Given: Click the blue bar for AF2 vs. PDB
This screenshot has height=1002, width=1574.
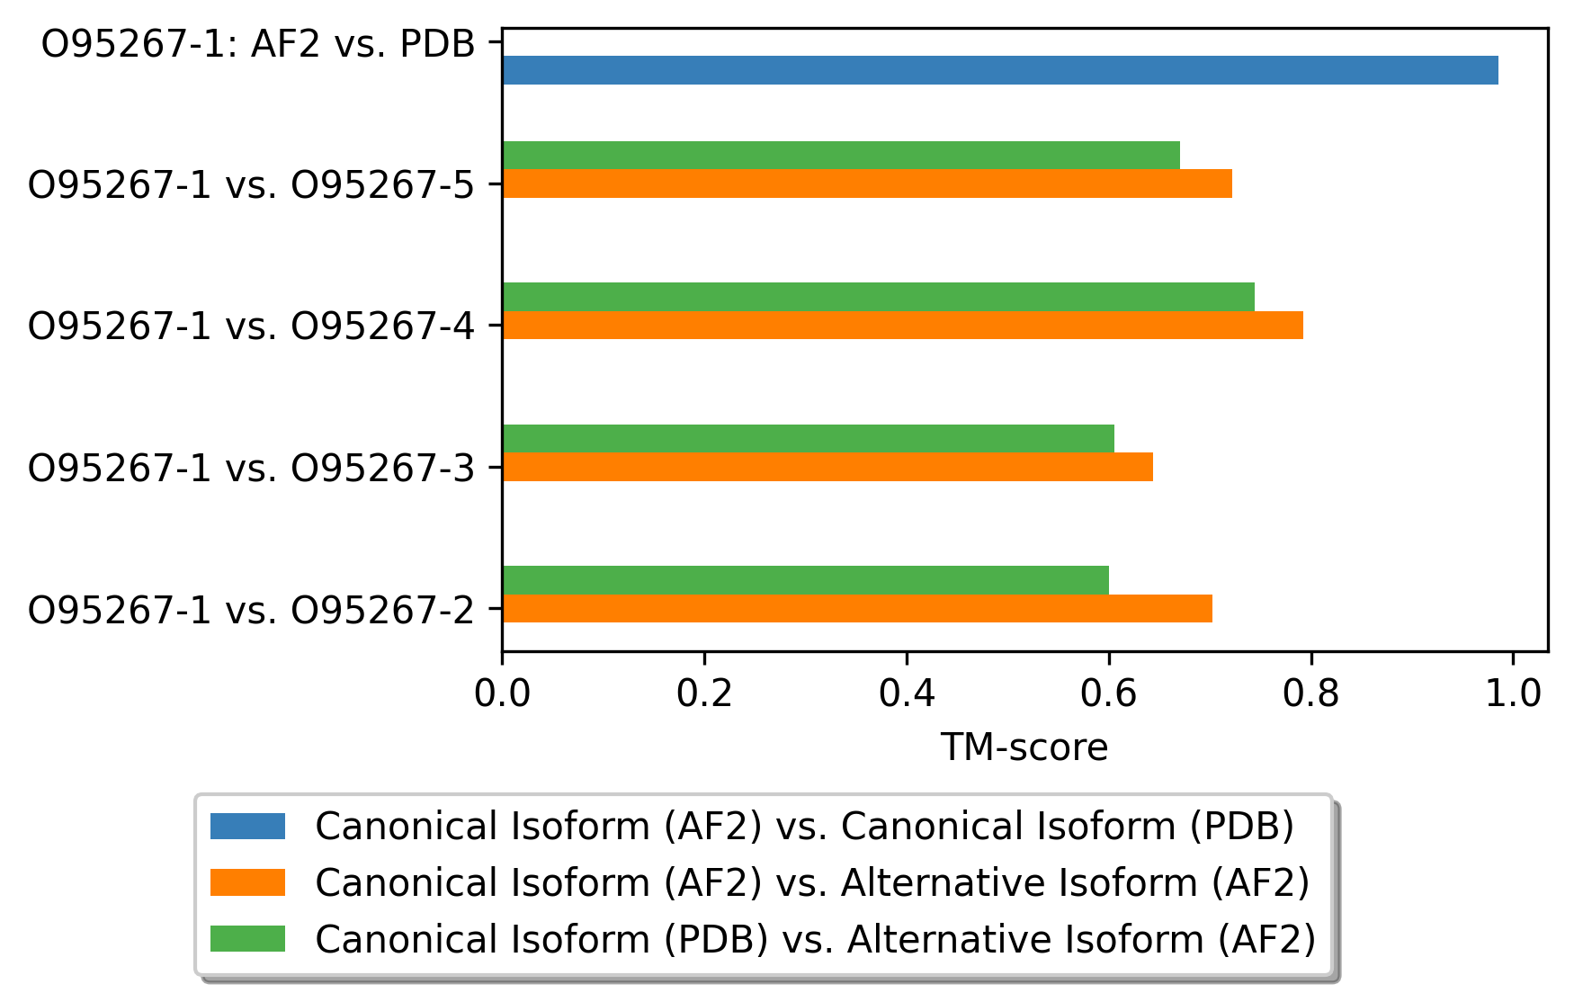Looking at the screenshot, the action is [1000, 70].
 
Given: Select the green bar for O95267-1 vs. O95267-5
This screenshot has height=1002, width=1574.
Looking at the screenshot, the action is [841, 156].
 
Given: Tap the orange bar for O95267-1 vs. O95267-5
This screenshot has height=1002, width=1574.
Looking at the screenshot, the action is [867, 183].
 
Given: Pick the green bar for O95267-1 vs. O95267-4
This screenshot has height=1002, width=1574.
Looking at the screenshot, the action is [879, 297].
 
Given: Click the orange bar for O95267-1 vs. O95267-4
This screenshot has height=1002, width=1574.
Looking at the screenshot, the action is [903, 325].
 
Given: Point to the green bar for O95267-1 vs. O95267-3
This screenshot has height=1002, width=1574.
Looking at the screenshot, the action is [809, 439].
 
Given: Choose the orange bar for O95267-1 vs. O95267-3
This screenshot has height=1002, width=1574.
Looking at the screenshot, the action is [827, 467].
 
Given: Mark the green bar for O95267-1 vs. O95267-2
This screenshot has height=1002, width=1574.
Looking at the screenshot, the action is [806, 580].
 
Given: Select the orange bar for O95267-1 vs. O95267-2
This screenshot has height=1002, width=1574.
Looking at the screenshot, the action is [857, 608].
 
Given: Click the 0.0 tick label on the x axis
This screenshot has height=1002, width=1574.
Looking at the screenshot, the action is [502, 693].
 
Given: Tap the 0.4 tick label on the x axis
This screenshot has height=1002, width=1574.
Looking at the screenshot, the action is [907, 693].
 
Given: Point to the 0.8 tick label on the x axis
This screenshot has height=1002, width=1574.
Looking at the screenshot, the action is [1311, 693].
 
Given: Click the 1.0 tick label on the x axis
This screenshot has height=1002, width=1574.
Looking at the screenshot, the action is [1514, 693].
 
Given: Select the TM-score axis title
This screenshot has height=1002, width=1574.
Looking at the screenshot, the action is [1024, 747].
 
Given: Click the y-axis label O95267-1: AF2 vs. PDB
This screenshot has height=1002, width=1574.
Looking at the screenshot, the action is [258, 43].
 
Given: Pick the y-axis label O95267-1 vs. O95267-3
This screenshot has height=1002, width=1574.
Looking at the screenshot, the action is [251, 468].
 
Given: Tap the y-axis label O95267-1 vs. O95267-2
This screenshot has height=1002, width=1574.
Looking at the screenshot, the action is [251, 609].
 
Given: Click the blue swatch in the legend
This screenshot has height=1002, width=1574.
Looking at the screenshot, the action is [247, 826].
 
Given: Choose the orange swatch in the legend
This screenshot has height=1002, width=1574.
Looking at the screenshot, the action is [247, 882].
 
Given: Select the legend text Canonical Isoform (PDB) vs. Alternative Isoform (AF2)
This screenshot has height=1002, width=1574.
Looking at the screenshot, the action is [816, 939].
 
